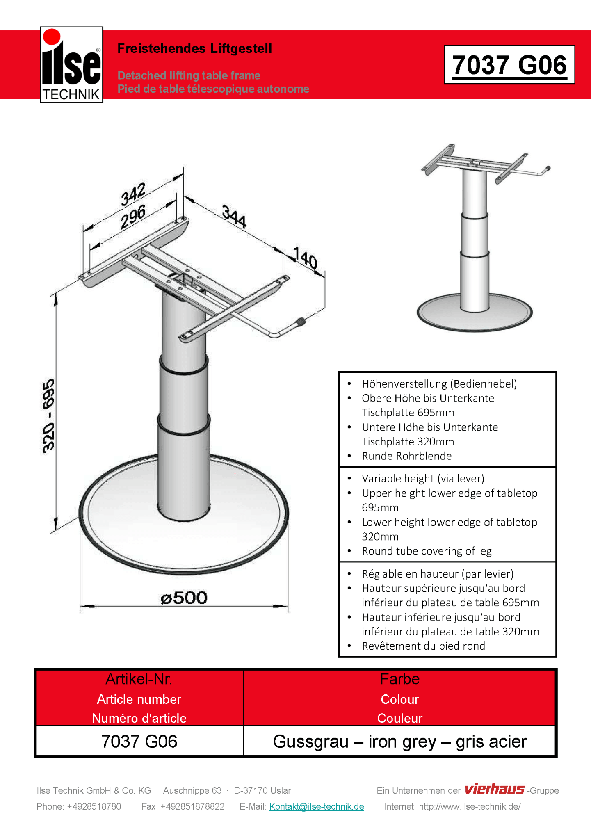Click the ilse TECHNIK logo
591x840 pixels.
point(71,65)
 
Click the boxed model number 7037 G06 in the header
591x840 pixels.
point(509,65)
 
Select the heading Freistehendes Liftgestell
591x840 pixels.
point(194,48)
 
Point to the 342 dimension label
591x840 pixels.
point(133,194)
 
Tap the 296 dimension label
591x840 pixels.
point(133,217)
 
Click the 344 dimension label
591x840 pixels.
point(234,216)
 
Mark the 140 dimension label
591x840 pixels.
point(305,258)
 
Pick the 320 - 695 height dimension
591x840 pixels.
point(48,416)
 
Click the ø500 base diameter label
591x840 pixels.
point(184,598)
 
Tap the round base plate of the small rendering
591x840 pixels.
point(475,315)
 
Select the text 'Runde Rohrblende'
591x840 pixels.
point(406,456)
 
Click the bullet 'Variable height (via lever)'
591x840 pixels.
point(423,479)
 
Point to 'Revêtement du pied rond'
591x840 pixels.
point(423,646)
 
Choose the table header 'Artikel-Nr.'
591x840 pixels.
point(139,679)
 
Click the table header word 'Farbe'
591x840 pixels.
point(399,679)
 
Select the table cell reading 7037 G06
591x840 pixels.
point(139,742)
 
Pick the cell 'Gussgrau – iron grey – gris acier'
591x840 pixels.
point(399,742)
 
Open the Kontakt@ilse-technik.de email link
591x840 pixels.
point(316,806)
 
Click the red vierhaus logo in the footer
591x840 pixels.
point(494,789)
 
